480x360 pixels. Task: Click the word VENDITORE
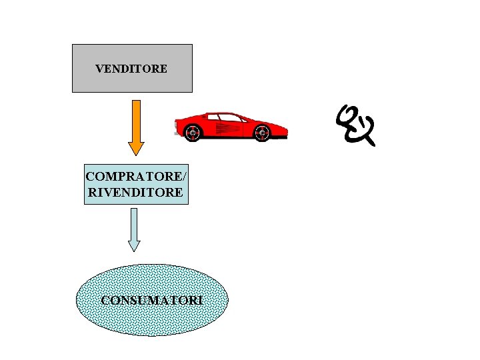[x=131, y=69]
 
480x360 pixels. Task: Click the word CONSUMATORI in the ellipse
[x=152, y=300]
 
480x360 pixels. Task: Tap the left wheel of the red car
[x=193, y=133]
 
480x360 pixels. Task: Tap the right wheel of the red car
[x=263, y=133]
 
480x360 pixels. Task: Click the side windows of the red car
[x=227, y=117]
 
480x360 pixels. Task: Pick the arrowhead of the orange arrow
[x=136, y=147]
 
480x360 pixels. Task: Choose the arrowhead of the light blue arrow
[x=134, y=245]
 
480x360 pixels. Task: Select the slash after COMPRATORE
[x=185, y=177]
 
